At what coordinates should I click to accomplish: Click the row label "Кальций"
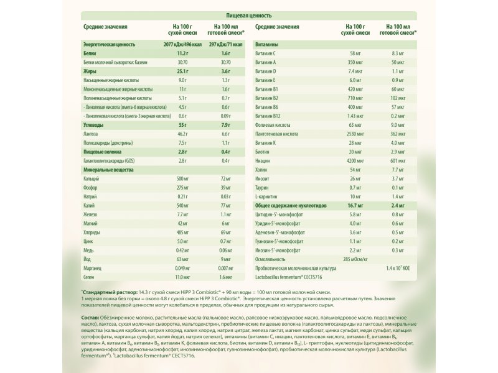coord(92,178)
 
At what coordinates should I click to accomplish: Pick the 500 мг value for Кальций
coord(182,178)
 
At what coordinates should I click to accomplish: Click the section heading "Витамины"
coord(266,45)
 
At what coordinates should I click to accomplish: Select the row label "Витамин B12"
coord(270,116)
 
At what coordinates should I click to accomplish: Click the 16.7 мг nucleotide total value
coord(355,205)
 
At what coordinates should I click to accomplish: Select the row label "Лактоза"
coord(92,134)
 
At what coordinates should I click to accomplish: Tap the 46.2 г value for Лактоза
coord(182,134)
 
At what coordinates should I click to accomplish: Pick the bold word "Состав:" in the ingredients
coord(91,318)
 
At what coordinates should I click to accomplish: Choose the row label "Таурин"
coord(264,187)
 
